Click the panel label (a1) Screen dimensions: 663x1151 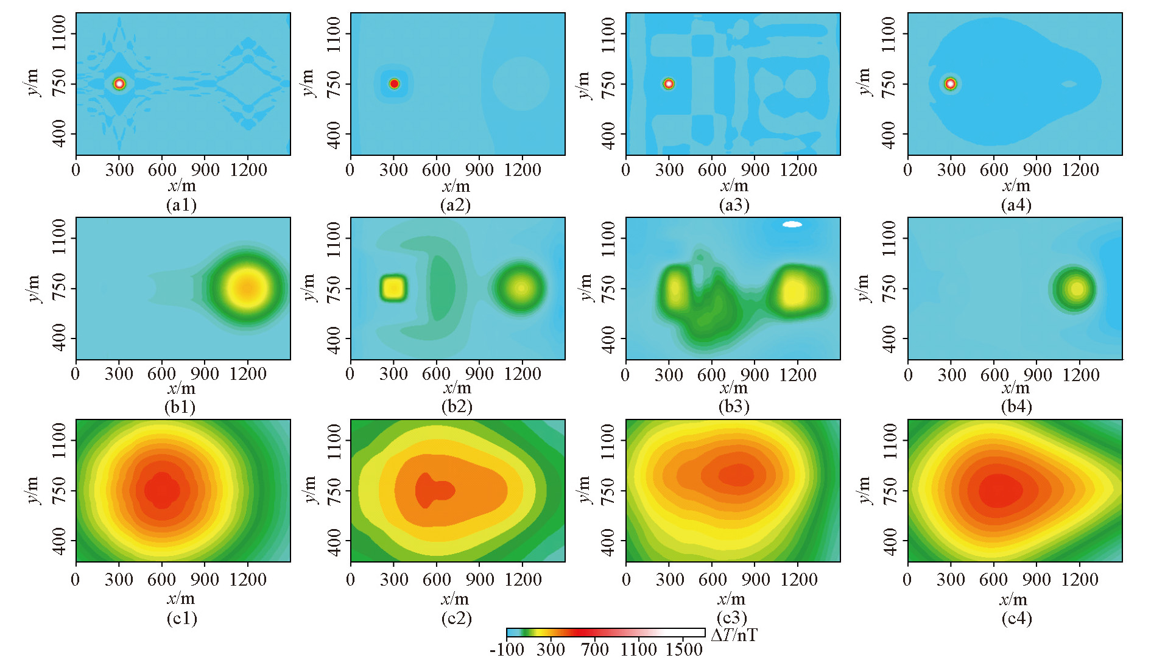coord(181,205)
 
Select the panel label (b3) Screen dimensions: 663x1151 coord(734,406)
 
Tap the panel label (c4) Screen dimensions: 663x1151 coord(1016,619)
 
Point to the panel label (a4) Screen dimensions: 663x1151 coord(1016,205)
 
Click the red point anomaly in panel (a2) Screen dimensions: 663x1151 coord(394,84)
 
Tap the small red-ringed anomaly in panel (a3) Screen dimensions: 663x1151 coord(669,84)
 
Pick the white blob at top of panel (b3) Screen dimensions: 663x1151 coord(792,225)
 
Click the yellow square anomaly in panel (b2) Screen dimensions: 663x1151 coord(393,288)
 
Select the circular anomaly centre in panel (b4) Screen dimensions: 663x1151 coord(1077,289)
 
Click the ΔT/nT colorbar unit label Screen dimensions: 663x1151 coord(734,636)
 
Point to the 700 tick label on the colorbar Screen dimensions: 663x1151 coord(594,650)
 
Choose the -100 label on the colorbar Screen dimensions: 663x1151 coord(507,650)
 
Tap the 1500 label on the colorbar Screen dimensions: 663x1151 coord(684,650)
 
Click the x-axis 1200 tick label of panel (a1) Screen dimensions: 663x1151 coord(248,170)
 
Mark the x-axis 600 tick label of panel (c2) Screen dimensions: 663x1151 coord(437,579)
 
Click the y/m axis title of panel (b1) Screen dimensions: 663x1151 coord(32,288)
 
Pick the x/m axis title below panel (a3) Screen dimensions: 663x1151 coord(734,186)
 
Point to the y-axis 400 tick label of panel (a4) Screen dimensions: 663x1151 coord(889,134)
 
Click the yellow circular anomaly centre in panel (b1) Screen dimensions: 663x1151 coord(247,288)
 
